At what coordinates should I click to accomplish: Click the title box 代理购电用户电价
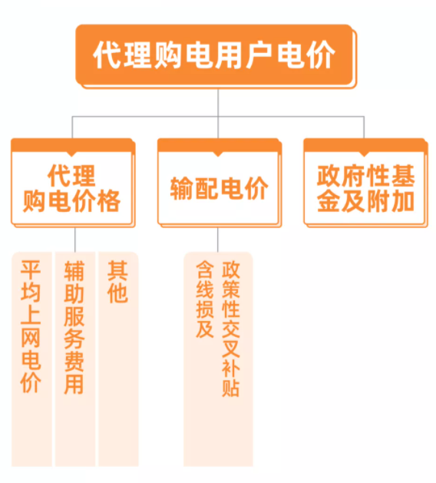tap(216, 56)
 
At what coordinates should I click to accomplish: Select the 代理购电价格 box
tap(73, 183)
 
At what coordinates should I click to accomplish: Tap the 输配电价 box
tap(220, 183)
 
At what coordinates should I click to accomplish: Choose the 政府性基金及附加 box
tap(365, 183)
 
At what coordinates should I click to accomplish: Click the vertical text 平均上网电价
tap(31, 326)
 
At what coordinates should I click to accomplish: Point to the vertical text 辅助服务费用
tap(74, 327)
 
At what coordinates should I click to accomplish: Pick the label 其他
tap(117, 282)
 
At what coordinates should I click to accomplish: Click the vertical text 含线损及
tap(205, 299)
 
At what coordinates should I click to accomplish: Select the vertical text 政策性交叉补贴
tap(231, 329)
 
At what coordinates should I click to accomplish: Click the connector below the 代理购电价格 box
tap(74, 240)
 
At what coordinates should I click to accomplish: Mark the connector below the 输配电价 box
tap(218, 240)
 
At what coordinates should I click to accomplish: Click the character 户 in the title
tap(259, 55)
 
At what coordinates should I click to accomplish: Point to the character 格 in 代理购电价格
tap(108, 201)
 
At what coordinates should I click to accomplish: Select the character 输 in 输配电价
tap(182, 188)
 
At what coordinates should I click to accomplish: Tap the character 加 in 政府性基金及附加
tap(402, 201)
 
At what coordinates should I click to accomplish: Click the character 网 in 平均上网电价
tap(31, 337)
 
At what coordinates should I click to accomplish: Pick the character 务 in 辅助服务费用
tap(74, 338)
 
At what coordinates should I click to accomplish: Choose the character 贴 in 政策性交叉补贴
tap(231, 387)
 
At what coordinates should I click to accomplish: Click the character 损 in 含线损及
tap(205, 309)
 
